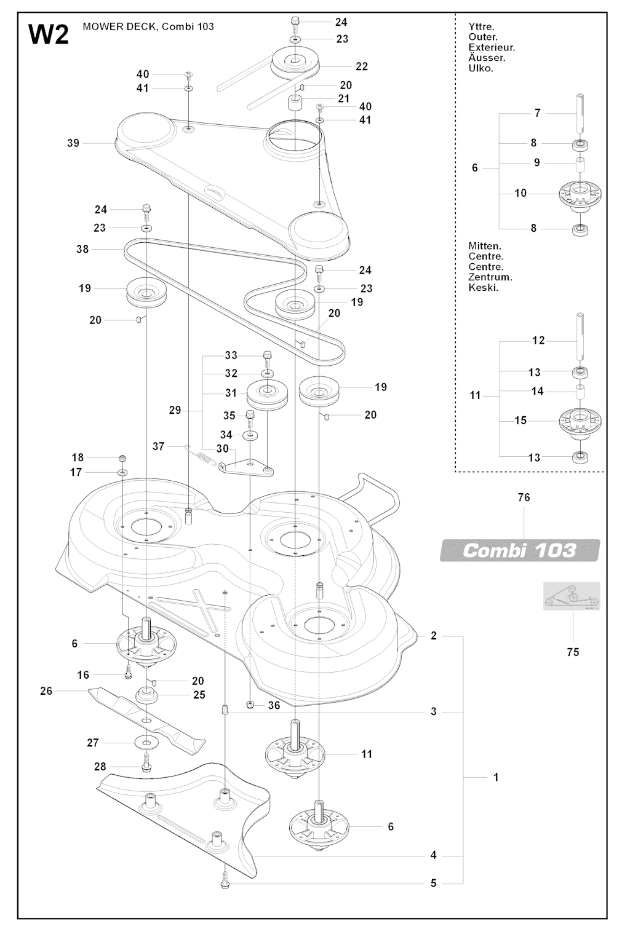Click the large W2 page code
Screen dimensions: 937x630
[x=49, y=34]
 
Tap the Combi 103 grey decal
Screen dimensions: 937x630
[x=520, y=550]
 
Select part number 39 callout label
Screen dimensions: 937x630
[x=73, y=143]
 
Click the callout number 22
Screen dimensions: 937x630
[x=362, y=66]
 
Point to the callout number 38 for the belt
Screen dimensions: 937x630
[x=82, y=249]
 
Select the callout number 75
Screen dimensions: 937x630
[x=573, y=652]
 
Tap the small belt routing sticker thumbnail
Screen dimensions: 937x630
[x=571, y=596]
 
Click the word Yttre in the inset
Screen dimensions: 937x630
[x=481, y=27]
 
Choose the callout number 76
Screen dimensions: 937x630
[x=524, y=497]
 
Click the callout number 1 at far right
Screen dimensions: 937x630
[x=496, y=777]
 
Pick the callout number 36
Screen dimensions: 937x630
[x=274, y=705]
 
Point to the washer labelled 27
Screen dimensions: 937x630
[x=146, y=743]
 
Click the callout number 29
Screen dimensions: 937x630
[x=175, y=410]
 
